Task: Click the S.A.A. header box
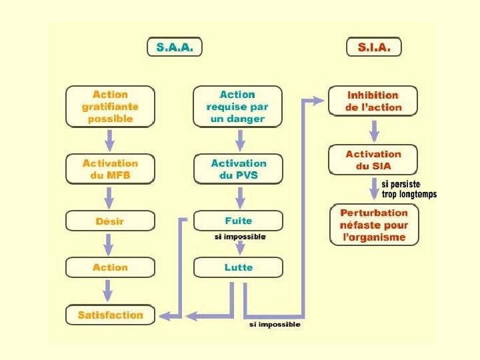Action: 174,47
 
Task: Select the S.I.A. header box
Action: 373,47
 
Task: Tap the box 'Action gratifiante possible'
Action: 110,107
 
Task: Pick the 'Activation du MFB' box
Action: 110,169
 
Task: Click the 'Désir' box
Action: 110,221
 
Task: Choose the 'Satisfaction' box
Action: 110,315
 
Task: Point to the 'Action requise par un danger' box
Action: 238,107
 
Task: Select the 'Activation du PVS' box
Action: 238,169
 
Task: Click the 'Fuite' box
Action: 238,221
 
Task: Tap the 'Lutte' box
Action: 238,267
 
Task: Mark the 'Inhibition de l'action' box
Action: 373,101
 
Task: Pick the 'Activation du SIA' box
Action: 373,160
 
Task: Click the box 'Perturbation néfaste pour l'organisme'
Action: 374,225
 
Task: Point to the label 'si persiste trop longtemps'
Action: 408,189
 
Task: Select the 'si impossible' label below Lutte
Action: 274,325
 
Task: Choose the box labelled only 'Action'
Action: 110,267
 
